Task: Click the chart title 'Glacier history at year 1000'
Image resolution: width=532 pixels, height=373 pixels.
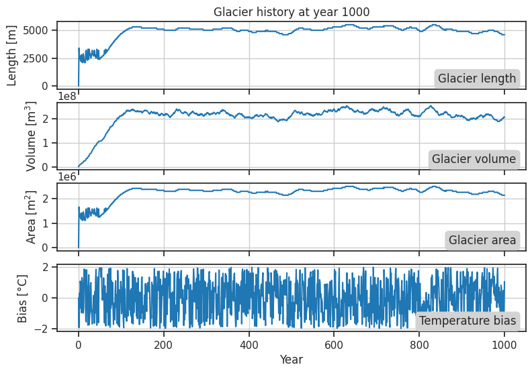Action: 291,11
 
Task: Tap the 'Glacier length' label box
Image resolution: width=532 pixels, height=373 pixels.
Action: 477,78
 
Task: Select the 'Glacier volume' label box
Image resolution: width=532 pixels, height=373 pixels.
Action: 474,159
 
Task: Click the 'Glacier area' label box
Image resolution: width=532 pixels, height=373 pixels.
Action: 482,240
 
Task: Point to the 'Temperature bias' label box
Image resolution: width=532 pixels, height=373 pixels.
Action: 468,321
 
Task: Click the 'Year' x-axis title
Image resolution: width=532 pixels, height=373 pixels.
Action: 291,360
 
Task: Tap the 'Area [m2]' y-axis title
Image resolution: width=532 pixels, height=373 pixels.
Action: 13,216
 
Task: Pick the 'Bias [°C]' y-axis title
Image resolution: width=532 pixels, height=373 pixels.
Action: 22,297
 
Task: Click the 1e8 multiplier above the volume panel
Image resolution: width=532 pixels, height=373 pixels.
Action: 69,97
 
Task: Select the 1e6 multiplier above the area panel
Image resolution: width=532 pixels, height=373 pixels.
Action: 69,178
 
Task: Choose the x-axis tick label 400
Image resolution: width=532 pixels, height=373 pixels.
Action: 249,344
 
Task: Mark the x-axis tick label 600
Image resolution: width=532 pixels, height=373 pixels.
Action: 334,344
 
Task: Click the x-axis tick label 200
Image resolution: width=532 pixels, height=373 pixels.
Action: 164,344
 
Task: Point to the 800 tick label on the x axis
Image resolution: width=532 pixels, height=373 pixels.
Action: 419,344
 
